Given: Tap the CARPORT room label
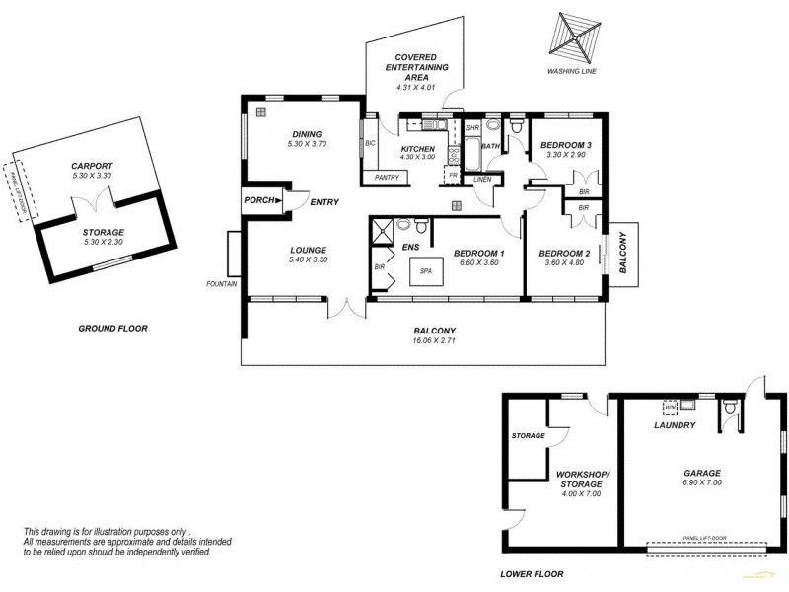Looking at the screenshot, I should pyautogui.click(x=93, y=166).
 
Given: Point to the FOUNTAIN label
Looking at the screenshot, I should pyautogui.click(x=222, y=284).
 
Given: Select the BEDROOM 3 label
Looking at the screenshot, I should pyautogui.click(x=564, y=145).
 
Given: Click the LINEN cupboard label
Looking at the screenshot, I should pyautogui.click(x=482, y=179).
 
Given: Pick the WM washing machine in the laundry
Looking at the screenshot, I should pyautogui.click(x=671, y=406).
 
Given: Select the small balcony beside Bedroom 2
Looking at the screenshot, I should pyautogui.click(x=622, y=253).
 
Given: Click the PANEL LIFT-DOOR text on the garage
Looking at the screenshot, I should pyautogui.click(x=704, y=538).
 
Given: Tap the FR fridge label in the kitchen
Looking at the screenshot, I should pyautogui.click(x=453, y=176).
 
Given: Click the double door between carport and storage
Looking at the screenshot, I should pyautogui.click(x=93, y=204).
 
